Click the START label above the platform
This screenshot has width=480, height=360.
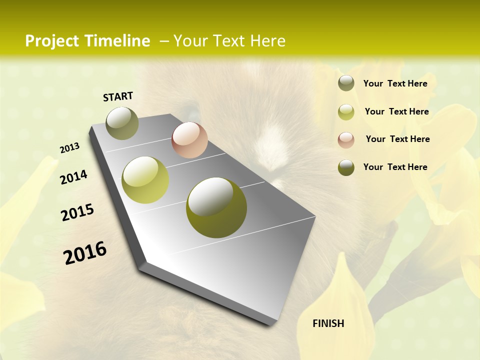[x=118, y=96]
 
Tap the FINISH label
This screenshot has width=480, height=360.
[x=328, y=323]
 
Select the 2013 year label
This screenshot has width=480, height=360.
[x=69, y=148]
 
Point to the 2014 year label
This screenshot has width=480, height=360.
[x=73, y=177]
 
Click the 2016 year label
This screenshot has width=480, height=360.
[x=85, y=253]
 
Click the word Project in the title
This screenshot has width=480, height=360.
[x=52, y=41]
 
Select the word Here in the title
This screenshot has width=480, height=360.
[x=267, y=41]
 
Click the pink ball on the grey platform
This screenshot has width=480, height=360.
[x=189, y=140]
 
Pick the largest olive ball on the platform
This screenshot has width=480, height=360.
[x=216, y=207]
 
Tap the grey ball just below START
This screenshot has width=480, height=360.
[x=122, y=123]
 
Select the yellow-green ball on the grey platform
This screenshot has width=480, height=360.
[x=145, y=180]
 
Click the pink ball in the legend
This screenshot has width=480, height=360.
[x=346, y=140]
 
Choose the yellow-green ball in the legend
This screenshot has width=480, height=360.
[x=346, y=112]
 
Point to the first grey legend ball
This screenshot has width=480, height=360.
[x=346, y=83]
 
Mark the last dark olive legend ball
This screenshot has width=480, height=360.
[x=346, y=167]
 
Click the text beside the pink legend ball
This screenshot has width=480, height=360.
[x=397, y=139]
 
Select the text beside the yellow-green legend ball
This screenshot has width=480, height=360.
[x=396, y=111]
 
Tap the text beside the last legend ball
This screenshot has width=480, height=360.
[x=395, y=167]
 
